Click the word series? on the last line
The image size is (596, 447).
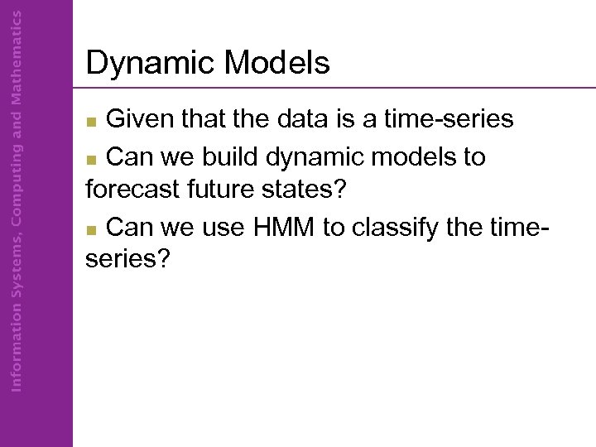click(127, 260)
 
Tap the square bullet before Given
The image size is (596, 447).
click(94, 123)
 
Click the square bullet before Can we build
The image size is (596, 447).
click(94, 158)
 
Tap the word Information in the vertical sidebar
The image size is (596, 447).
click(17, 341)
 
